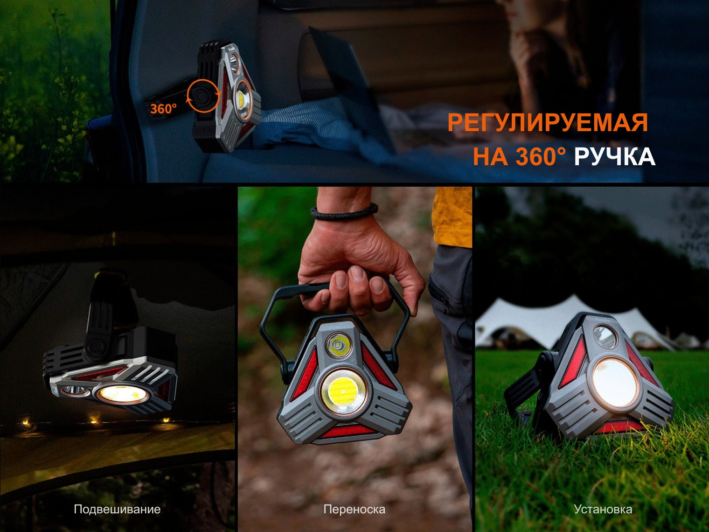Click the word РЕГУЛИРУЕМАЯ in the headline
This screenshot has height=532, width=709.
point(548,123)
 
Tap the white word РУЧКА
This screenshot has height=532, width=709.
point(615,157)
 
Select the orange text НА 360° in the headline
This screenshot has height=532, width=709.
point(520,157)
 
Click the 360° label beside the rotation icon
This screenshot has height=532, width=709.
point(163,109)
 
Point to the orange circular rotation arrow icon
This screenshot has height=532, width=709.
point(203,96)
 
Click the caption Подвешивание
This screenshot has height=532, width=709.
point(117,510)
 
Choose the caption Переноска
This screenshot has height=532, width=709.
point(354,510)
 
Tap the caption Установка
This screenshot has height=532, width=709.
point(603,510)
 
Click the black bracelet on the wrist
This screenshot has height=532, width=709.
point(344,211)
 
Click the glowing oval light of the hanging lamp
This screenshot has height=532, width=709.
point(122,394)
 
